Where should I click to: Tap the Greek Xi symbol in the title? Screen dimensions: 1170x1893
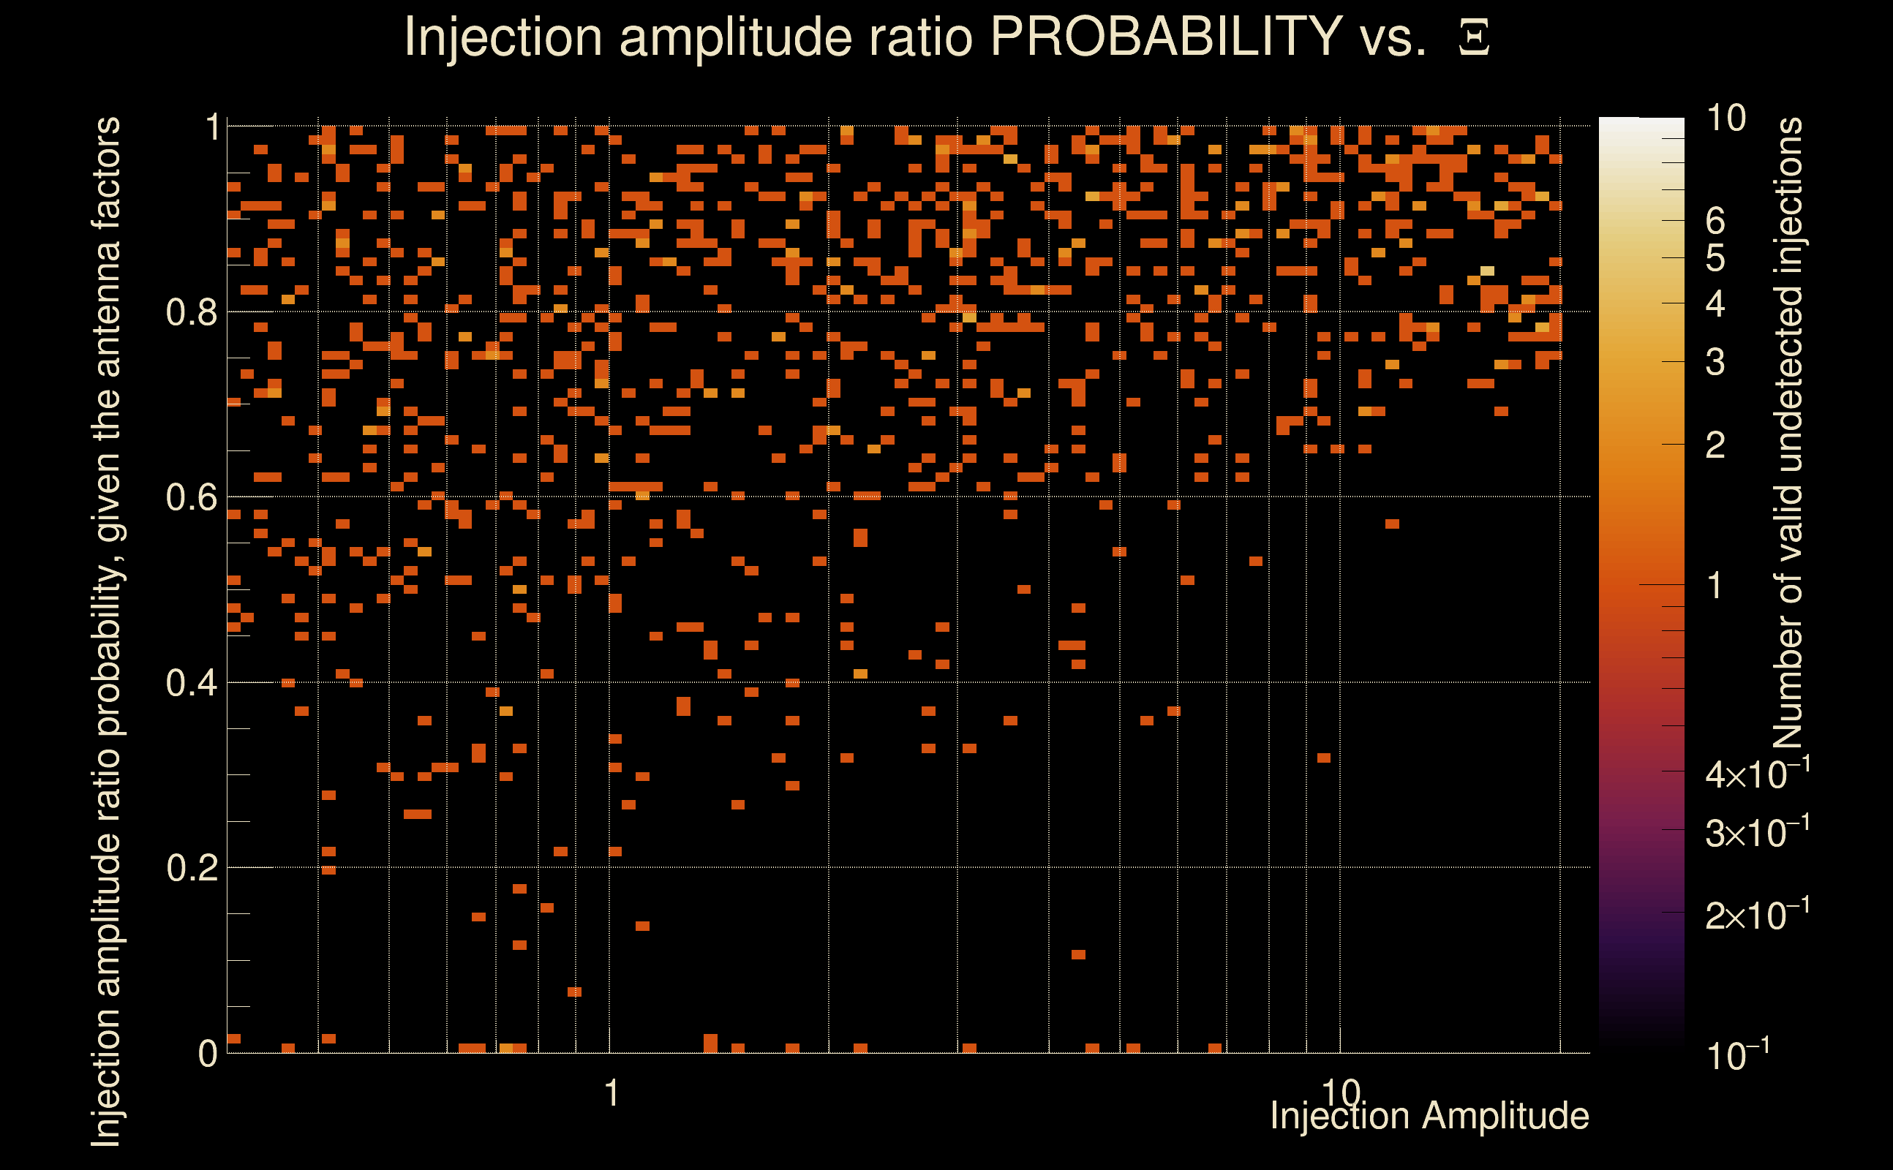(x=1474, y=37)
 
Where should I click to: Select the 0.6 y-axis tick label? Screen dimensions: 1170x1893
(x=191, y=497)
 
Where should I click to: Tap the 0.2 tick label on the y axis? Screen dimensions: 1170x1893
(x=191, y=867)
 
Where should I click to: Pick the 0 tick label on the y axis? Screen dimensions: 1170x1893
(x=208, y=1053)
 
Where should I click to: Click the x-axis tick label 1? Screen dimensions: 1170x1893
(x=611, y=1093)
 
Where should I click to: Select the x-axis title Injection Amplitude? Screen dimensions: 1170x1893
(x=1429, y=1116)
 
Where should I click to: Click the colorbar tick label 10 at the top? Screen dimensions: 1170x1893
(x=1725, y=118)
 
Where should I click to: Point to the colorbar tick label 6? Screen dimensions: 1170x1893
(x=1715, y=222)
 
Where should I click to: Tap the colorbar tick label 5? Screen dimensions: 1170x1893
(x=1715, y=257)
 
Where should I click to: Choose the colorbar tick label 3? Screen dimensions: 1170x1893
(x=1715, y=361)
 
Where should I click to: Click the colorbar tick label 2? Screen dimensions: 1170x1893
(x=1715, y=445)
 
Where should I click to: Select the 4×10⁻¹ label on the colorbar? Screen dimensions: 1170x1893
(x=1757, y=774)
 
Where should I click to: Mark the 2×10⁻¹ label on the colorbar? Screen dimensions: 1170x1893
(x=1757, y=915)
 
